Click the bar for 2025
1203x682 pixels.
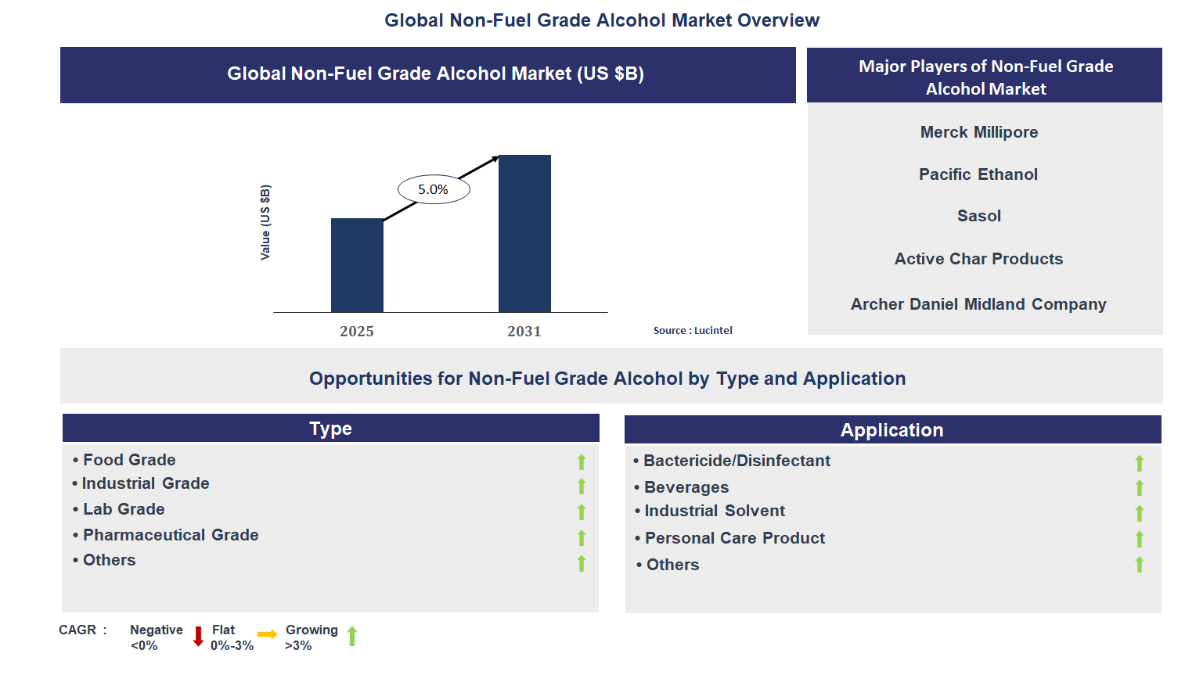(357, 265)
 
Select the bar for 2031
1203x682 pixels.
(524, 234)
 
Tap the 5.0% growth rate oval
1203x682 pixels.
(434, 189)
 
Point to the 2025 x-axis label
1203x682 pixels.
(357, 332)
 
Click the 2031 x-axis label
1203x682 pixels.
(524, 332)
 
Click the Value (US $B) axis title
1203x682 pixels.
(265, 223)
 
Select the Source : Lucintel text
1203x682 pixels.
(693, 331)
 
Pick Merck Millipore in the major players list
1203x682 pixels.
(978, 132)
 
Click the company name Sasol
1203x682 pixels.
(978, 216)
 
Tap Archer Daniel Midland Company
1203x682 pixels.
(978, 304)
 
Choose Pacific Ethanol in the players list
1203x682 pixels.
(978, 174)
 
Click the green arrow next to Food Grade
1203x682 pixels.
(582, 462)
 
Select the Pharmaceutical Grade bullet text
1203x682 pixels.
(171, 535)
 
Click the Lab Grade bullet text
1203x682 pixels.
(124, 509)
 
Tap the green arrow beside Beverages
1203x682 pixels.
(1140, 488)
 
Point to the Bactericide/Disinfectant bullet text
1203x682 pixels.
(737, 461)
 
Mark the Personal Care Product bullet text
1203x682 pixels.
(734, 538)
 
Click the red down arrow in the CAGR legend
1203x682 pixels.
(198, 637)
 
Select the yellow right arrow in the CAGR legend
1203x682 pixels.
(268, 634)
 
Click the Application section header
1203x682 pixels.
(892, 430)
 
